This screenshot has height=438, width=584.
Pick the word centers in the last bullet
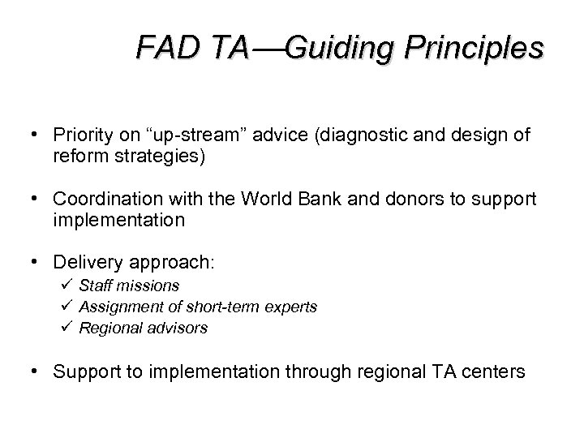click(x=499, y=372)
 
